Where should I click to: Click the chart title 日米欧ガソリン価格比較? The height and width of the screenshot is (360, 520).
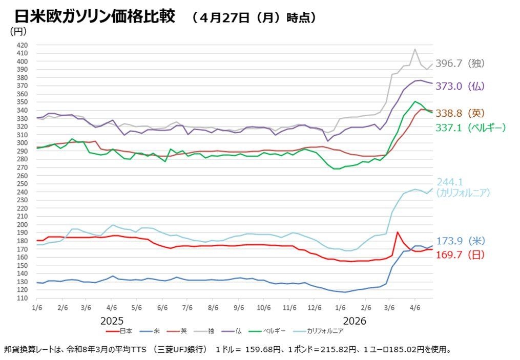coord(95,16)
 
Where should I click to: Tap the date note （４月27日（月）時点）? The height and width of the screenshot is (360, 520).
coord(254,18)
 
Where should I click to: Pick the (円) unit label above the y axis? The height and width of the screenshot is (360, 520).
coord(18,31)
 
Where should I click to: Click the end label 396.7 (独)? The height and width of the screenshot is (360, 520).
coord(460,63)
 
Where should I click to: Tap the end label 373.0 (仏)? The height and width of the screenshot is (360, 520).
coord(460,86)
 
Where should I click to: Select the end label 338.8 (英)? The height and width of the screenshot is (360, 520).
coord(460,113)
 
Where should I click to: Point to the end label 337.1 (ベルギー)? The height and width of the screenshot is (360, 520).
coord(470,128)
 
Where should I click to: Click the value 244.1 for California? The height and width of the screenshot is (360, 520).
coord(449,182)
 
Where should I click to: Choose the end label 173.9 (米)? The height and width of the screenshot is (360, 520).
coord(460,241)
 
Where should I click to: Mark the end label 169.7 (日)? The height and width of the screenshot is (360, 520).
coord(460,255)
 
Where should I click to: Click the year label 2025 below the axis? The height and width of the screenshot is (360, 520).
coord(112,321)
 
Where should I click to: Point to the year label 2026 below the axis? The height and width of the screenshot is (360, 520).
coord(355,321)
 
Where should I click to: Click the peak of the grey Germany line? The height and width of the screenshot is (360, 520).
coord(414,49)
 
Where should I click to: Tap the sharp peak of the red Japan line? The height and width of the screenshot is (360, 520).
coord(398,232)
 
